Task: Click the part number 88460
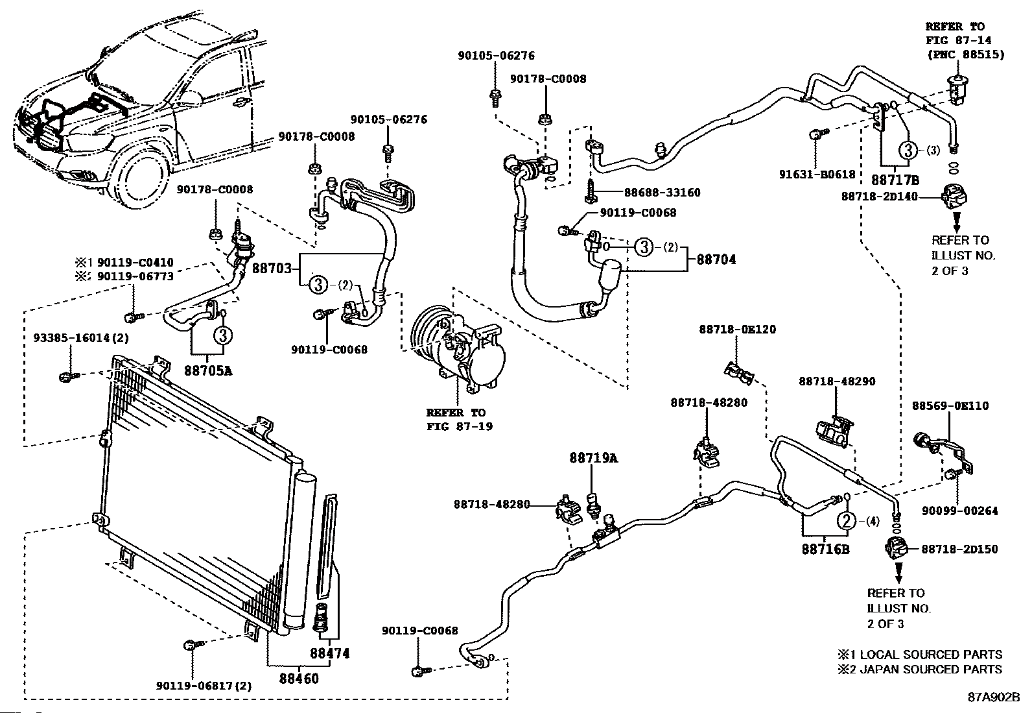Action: tap(299, 679)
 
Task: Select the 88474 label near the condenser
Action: tap(330, 653)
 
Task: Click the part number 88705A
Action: tap(208, 370)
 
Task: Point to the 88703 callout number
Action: tap(272, 268)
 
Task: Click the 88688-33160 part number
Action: tap(662, 192)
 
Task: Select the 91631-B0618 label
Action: tap(817, 175)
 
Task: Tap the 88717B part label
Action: tap(895, 180)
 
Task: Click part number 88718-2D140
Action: tap(880, 197)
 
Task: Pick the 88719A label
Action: tap(594, 458)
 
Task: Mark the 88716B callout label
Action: tap(826, 550)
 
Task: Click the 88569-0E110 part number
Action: tap(950, 406)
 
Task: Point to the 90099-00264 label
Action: tap(960, 511)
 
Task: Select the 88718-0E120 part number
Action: tap(738, 330)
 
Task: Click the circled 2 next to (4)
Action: tap(846, 521)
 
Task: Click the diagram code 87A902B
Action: tap(993, 697)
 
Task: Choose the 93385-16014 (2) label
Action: tap(81, 338)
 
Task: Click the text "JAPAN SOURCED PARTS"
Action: tap(931, 669)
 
